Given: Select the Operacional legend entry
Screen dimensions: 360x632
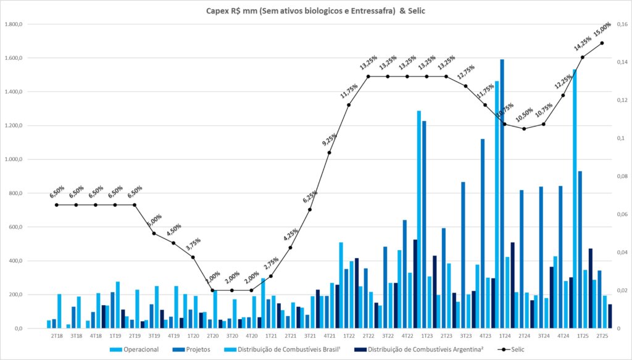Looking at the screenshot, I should click(138, 350).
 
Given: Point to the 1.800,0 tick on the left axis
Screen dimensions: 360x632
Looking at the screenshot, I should click(14, 25).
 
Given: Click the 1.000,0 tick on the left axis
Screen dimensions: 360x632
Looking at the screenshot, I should click(14, 159).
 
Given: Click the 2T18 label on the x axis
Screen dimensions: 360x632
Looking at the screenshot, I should click(57, 336).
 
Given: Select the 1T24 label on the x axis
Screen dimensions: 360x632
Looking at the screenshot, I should click(504, 336).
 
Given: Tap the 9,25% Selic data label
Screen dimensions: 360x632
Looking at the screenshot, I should click(329, 140).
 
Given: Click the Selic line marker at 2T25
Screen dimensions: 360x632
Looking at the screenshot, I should click(602, 43).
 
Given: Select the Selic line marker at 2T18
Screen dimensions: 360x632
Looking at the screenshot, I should click(56, 205).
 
